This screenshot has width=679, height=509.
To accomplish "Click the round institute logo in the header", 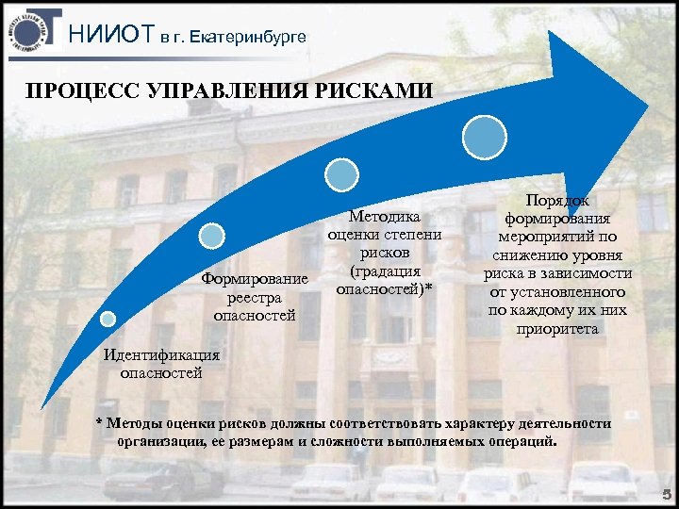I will pos(30,32).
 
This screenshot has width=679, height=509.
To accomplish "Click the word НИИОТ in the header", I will pos(112,36).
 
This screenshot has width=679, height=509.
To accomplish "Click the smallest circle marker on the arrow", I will pos(108,319).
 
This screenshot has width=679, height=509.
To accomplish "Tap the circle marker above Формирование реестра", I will pos(213,236).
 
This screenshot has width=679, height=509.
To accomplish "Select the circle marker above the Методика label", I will pos(341,173).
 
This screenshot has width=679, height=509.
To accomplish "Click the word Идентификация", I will pos(161,355).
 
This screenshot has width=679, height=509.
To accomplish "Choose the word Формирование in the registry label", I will pos(255,278).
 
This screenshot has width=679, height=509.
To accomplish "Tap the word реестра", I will pos(255,296).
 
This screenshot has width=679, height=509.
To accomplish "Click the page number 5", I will pos(666,493).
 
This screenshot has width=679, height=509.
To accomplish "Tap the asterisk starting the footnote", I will pos(100,421).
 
